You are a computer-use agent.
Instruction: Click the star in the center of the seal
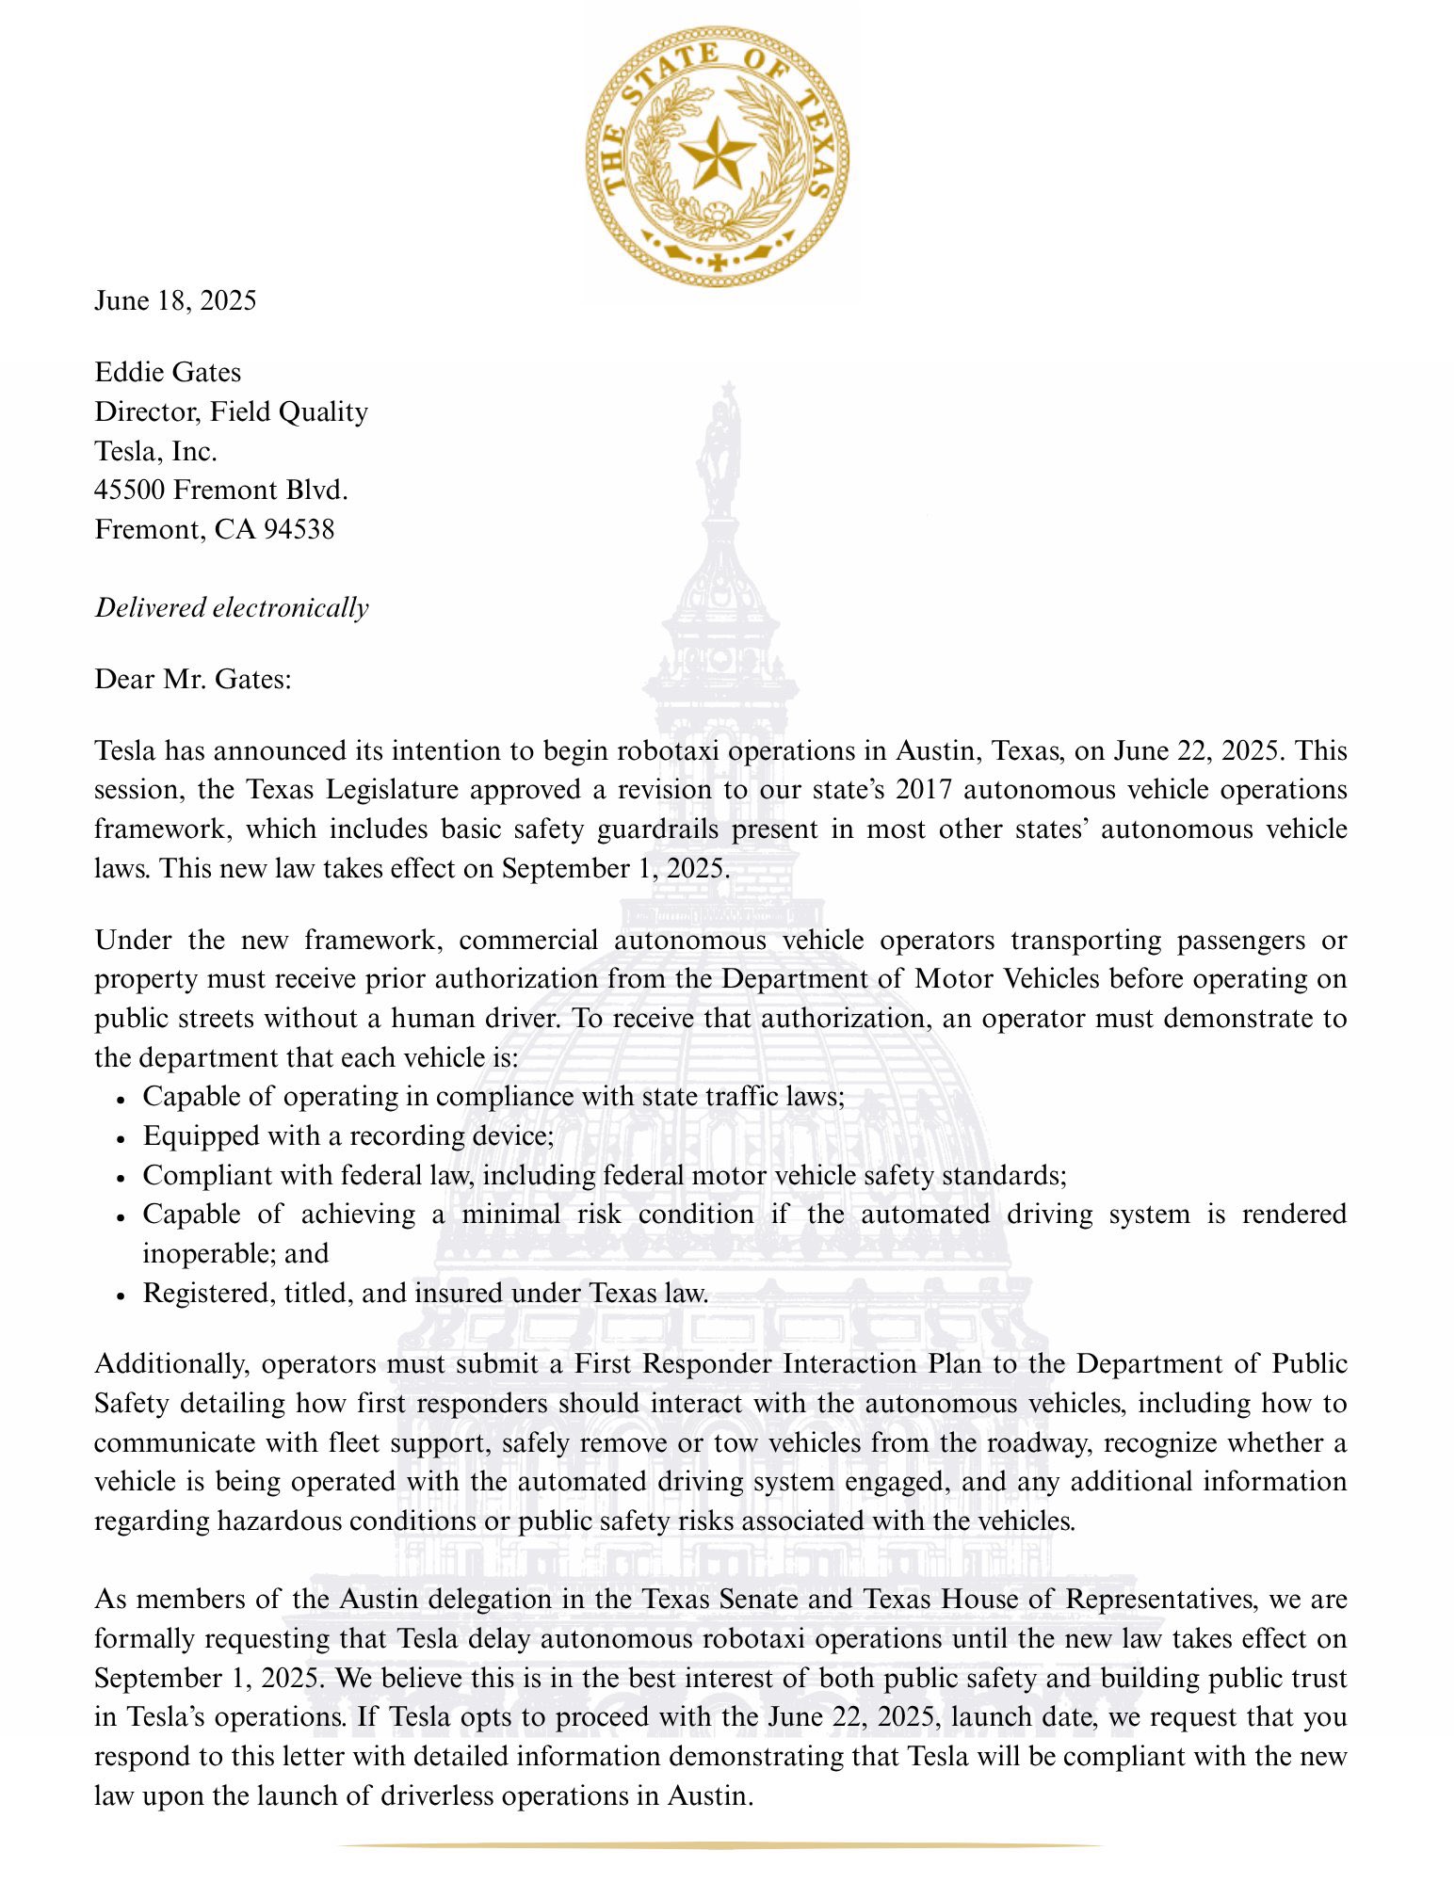[717, 152]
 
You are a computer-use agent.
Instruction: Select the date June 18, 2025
[175, 300]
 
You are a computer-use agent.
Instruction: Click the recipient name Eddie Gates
[168, 372]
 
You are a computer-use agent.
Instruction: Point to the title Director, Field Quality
[231, 411]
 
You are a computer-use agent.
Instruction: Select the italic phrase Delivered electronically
[232, 607]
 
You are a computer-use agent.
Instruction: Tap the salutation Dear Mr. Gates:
[193, 679]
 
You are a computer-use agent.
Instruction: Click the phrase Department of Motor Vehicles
[911, 978]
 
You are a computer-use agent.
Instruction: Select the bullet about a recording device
[348, 1135]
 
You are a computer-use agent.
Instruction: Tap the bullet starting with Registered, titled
[425, 1293]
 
